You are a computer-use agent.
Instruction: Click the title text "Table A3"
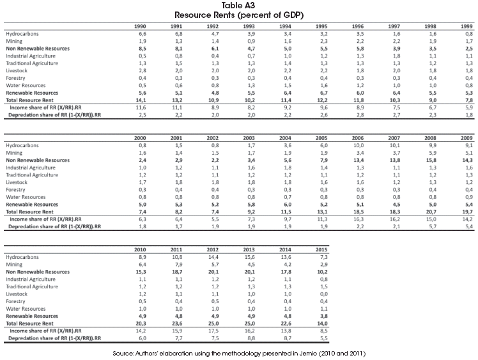pos(238,6)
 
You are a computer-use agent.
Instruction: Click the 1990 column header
pos(140,27)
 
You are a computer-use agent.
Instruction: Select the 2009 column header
pos(466,138)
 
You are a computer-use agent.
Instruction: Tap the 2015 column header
pos(321,250)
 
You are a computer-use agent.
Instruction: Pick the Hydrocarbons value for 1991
pos(178,34)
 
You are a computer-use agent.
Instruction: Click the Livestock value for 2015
pos(324,294)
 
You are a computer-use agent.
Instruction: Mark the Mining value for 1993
pos(251,41)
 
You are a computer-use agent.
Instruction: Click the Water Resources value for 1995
pos(324,86)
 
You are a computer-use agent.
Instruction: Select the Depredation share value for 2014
pos(288,338)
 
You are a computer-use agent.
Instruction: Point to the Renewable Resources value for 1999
pos(469,93)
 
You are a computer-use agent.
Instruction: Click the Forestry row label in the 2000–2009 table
pos(15,190)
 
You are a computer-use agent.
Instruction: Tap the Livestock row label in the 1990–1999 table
pos(17,71)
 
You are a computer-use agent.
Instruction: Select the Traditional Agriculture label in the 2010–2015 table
pos(32,286)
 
